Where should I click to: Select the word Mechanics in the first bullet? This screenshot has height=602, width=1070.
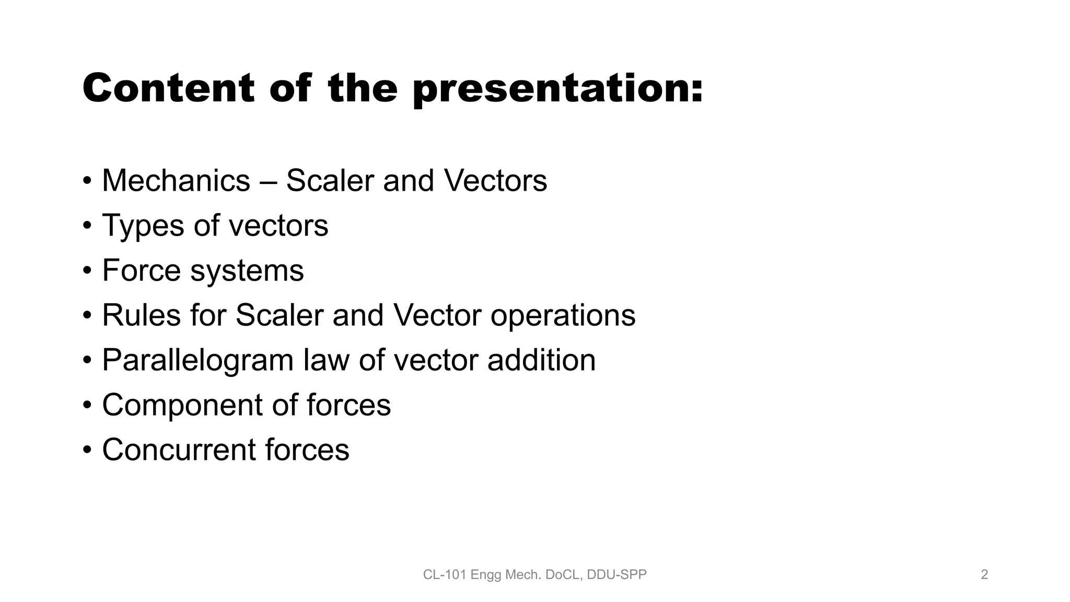[176, 181]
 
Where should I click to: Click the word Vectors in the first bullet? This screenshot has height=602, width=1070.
[495, 181]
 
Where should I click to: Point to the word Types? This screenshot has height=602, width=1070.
[143, 226]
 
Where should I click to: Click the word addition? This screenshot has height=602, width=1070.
[541, 361]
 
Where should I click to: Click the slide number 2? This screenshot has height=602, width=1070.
[984, 575]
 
